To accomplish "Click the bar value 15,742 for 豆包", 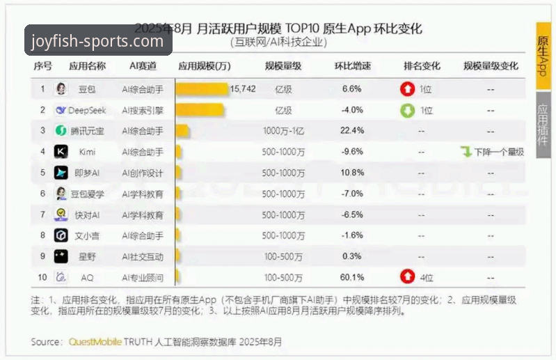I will point(243,88).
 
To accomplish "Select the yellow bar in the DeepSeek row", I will point(200,110).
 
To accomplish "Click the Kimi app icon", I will point(61,152).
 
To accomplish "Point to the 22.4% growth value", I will point(352,131).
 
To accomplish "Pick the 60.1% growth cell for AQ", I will point(352,277).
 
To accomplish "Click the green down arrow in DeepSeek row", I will point(407,110).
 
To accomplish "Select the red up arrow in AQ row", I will point(407,277).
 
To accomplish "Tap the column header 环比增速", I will point(352,66).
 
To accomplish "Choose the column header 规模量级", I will point(283,66).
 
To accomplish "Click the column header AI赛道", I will point(143,66).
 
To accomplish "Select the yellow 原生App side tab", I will point(543,56).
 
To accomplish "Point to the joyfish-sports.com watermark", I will point(97,41).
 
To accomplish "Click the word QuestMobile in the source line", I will point(94,342).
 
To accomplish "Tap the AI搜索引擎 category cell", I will point(143,110).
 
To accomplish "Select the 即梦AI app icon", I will point(61,173).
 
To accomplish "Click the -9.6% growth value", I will point(352,152).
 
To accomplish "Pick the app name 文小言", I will point(87,235).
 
